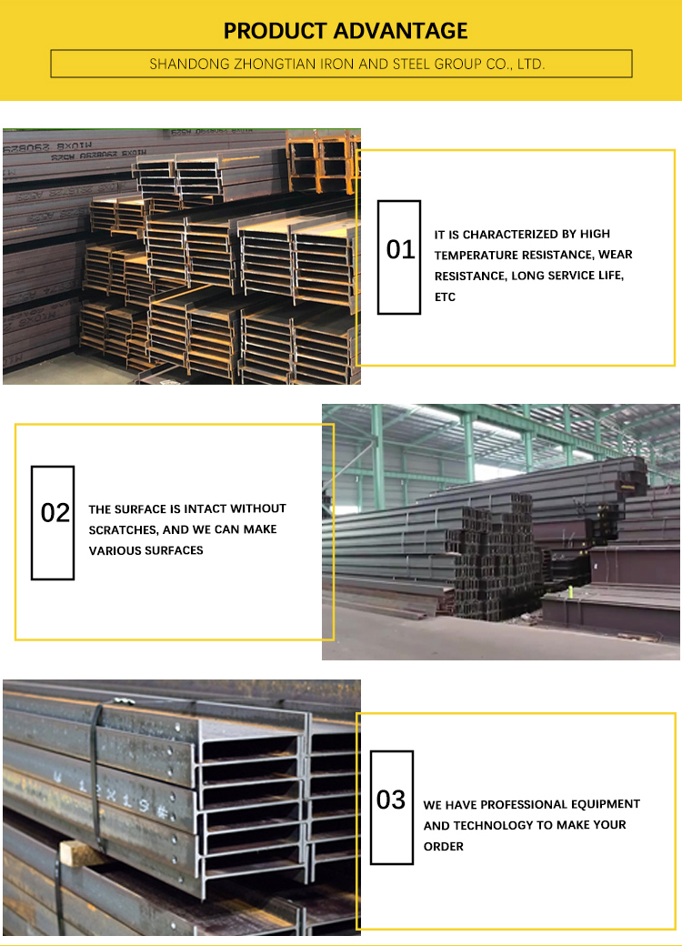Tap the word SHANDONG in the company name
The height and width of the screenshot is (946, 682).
point(187,65)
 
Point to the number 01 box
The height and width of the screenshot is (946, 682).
point(399,257)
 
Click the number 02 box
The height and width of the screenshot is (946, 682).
point(53,522)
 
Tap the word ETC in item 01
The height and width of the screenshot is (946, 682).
point(445,297)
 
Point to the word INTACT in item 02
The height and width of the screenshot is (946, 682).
point(205,508)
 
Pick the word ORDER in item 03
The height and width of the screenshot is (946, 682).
point(444,847)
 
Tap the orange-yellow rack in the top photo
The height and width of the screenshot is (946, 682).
point(322,159)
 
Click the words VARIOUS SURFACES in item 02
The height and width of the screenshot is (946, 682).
point(145,550)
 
